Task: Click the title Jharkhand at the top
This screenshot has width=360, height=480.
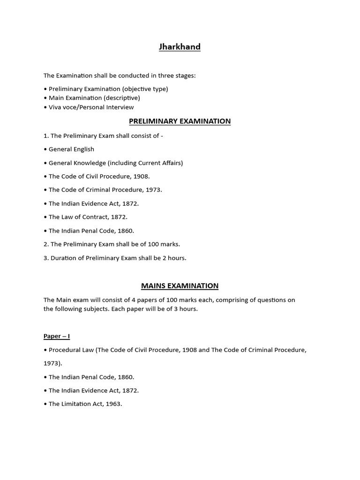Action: point(180,47)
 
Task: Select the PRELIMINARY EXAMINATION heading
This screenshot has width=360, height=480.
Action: point(180,121)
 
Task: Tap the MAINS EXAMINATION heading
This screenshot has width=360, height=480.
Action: point(180,286)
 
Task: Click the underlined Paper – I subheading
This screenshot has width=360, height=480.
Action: point(57,336)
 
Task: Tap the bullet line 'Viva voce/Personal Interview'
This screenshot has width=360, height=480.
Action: point(91,107)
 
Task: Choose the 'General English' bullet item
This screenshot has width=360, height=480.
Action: point(71,149)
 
